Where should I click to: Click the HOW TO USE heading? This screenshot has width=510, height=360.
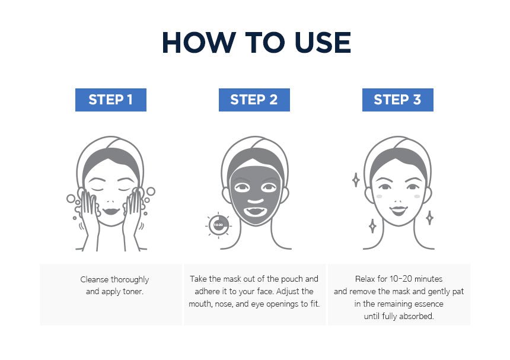(x=256, y=43)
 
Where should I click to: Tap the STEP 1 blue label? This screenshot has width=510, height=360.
(x=110, y=100)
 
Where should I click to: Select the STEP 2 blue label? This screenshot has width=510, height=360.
(x=254, y=100)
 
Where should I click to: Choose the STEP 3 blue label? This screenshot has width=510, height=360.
(x=397, y=100)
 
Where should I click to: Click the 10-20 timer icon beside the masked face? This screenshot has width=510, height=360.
(x=218, y=225)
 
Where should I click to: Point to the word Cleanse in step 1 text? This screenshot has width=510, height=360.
(x=95, y=279)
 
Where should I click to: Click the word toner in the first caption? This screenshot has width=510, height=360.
(x=133, y=291)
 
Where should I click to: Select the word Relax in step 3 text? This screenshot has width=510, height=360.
(x=366, y=279)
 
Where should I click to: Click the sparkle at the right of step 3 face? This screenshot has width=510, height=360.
(x=429, y=218)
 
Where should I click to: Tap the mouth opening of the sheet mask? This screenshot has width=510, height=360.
(x=254, y=210)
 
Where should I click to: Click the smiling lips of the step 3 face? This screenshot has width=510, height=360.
(x=397, y=209)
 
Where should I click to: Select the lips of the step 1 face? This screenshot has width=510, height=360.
(x=110, y=210)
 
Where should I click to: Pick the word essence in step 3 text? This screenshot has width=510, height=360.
(x=428, y=304)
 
